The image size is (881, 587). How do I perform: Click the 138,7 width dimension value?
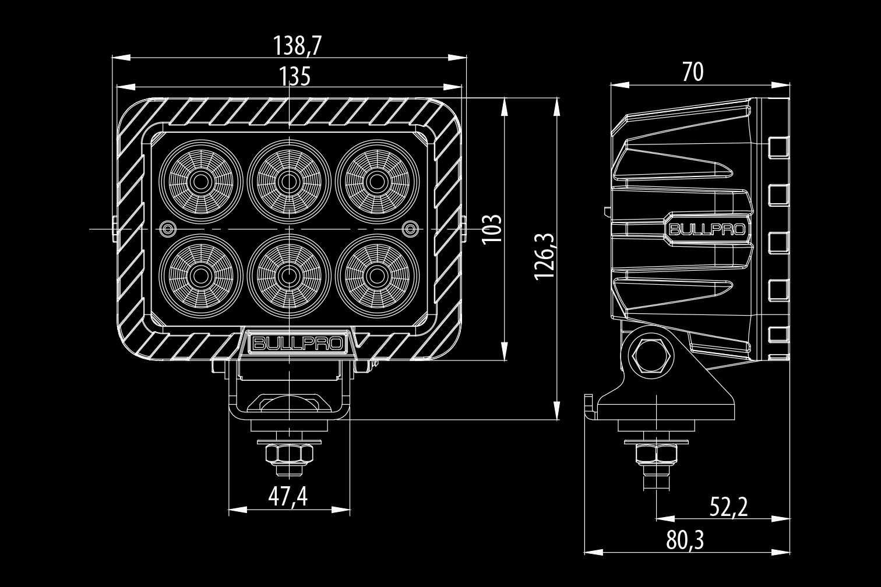[x=297, y=45]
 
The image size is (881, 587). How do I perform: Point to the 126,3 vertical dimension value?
[x=545, y=255]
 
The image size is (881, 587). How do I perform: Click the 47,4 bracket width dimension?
[x=288, y=497]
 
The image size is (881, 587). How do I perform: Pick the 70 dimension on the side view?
[x=693, y=72]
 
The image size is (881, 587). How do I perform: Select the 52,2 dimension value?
[x=728, y=507]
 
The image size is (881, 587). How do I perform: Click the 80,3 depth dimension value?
[x=685, y=541]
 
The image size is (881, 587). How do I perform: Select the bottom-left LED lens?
[x=201, y=275]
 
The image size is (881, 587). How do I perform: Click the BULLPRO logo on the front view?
[x=297, y=343]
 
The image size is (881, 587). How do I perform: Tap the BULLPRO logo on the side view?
[x=706, y=229]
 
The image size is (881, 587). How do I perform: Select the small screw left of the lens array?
[x=168, y=228]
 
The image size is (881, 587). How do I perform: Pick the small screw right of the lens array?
[x=410, y=228]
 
